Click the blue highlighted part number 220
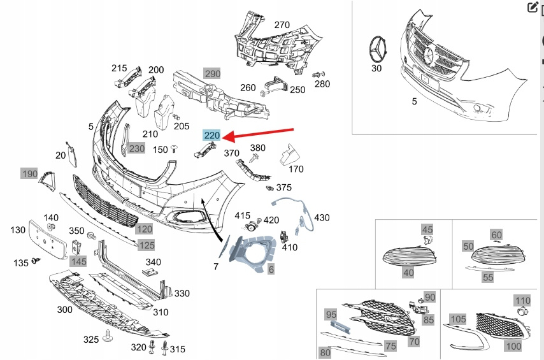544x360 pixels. (211, 135)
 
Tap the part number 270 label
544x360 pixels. (282, 25)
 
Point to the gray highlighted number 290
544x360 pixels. (211, 74)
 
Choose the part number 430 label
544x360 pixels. (322, 217)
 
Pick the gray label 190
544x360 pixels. (29, 173)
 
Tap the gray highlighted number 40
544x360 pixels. (408, 273)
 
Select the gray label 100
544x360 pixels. (513, 346)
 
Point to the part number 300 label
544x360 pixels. (64, 310)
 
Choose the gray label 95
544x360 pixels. (331, 314)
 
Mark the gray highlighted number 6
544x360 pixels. (271, 270)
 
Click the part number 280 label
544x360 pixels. (322, 84)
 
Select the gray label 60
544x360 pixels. (496, 235)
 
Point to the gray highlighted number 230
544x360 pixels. (136, 148)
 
